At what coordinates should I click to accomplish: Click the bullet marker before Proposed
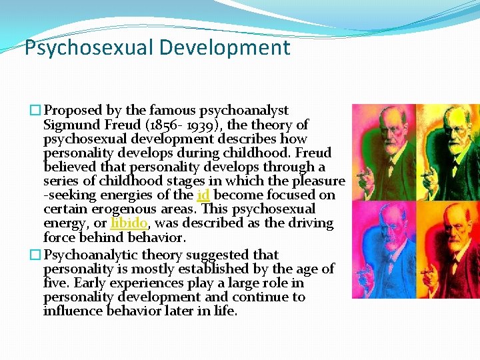[x=36, y=111]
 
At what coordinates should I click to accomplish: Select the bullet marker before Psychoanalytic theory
[x=36, y=255]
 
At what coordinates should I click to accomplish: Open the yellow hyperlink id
[x=203, y=195]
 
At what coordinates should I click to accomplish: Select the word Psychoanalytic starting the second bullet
[x=87, y=255]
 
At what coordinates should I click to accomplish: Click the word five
[x=57, y=283]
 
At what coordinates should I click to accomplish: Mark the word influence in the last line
[x=73, y=311]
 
